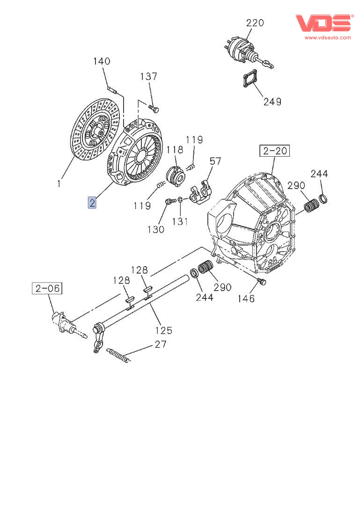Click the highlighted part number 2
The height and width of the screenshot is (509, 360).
92,203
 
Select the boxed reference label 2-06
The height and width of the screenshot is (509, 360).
47,288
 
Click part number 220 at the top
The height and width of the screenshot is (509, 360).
255,22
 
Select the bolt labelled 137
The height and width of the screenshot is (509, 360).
154,109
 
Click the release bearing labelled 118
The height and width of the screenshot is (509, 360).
175,176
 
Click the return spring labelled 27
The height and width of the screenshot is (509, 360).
118,355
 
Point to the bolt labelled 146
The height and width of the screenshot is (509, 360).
262,282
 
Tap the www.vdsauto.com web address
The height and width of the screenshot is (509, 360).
328,37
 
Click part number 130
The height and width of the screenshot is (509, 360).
156,229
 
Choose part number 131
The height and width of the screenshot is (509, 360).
180,221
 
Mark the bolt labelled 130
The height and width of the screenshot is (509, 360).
168,202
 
